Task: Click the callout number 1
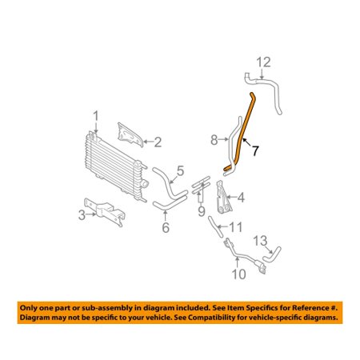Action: tap(96, 117)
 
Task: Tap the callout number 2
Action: tap(158, 142)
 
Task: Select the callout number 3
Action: tap(82, 215)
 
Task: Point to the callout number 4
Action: tap(241, 198)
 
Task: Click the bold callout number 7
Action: tap(255, 150)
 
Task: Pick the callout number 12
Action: tap(264, 62)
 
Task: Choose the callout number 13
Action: tap(260, 241)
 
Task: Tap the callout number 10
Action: tap(238, 274)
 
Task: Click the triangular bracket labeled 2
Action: tap(130, 134)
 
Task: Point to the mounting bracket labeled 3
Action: tap(106, 210)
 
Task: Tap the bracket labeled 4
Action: tap(223, 198)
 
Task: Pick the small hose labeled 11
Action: tap(215, 226)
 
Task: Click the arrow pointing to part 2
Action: tap(148, 142)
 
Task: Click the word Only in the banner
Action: tap(29, 308)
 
